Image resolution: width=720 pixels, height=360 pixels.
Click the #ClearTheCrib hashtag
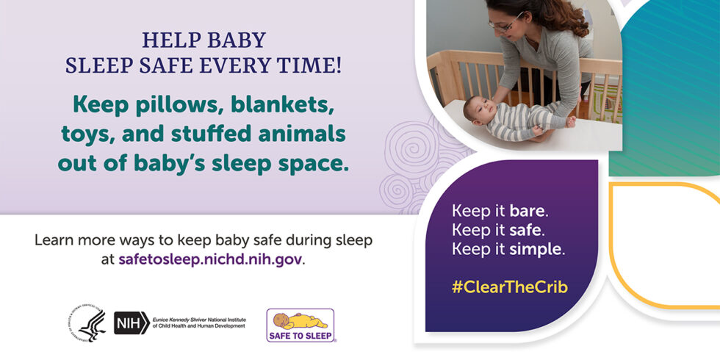510,287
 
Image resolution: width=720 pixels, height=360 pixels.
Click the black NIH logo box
132,323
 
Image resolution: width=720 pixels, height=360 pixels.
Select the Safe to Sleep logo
300,325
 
